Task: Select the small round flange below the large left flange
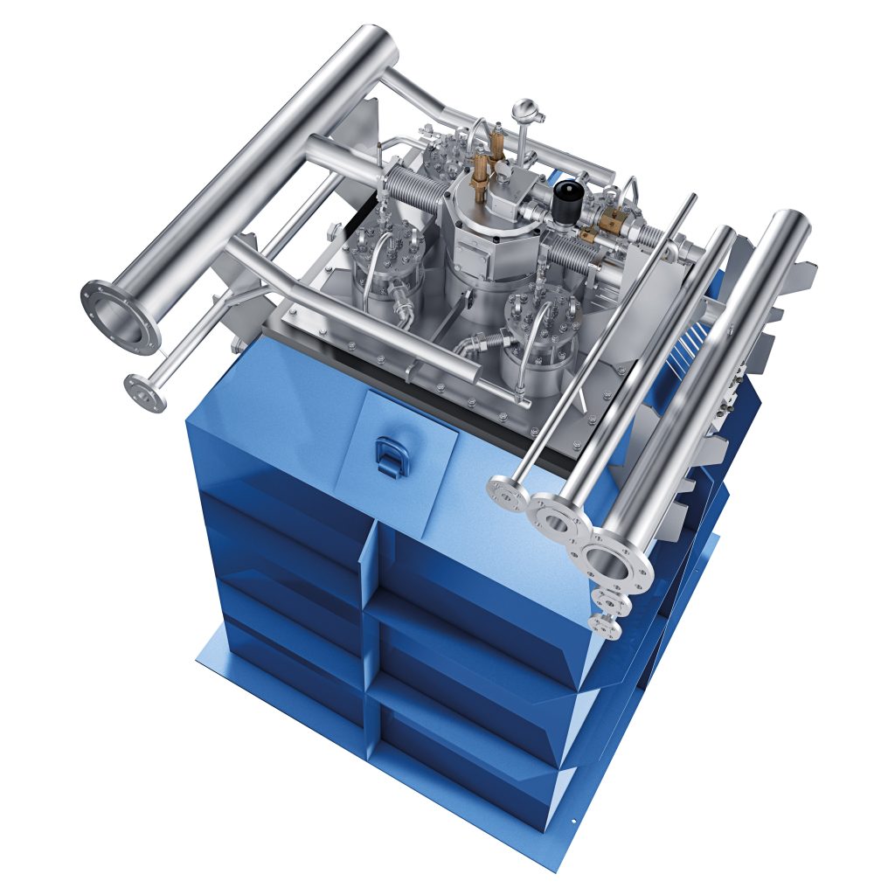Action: (145, 392)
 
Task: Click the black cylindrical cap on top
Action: (569, 191)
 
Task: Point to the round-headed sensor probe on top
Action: (524, 109)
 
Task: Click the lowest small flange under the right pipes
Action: (606, 625)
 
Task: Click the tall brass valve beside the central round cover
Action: (479, 175)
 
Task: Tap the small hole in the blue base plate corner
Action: (575, 822)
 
